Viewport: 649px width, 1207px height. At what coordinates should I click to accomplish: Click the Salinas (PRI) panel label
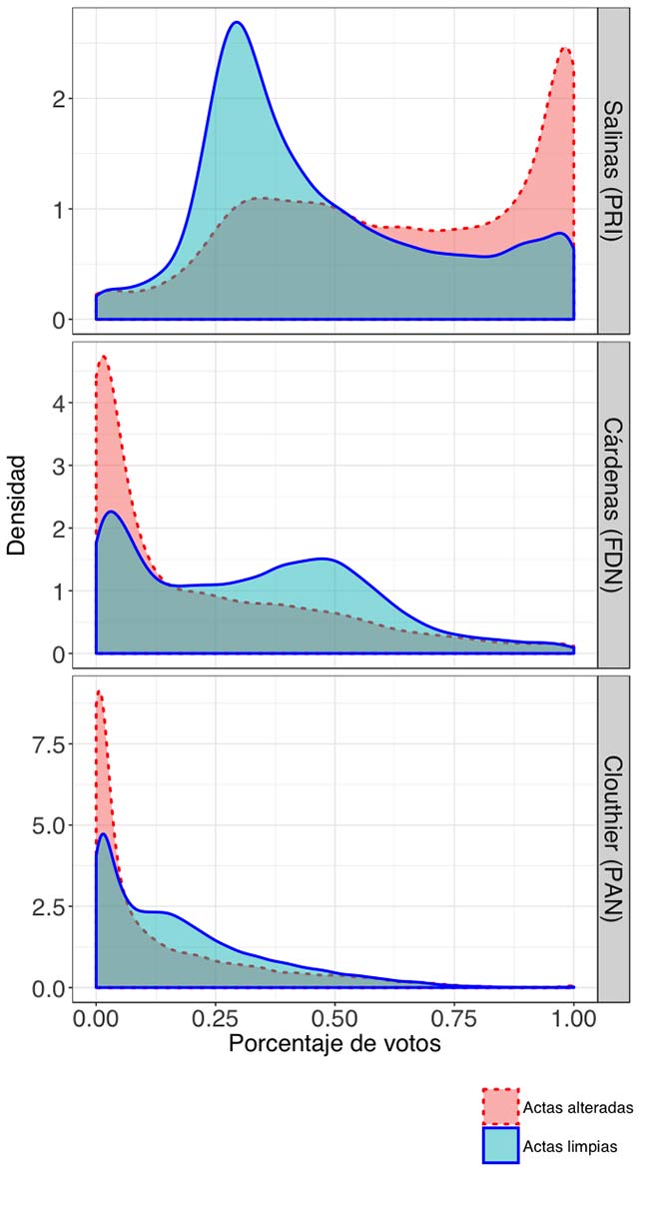[613, 170]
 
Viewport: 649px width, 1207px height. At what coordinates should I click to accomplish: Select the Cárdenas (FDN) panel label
[613, 504]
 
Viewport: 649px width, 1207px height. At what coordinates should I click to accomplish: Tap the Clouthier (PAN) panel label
[613, 836]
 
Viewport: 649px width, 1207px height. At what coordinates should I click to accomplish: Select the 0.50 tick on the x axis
[334, 1018]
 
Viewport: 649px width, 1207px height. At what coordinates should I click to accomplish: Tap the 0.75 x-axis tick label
[454, 1018]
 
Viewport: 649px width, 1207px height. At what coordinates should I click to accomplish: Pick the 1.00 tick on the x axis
[573, 1018]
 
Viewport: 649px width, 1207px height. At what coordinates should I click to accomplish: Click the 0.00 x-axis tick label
[96, 1018]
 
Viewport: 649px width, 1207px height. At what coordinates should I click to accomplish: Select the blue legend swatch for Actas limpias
[500, 1146]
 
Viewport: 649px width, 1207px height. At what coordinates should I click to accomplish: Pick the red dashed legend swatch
[500, 1107]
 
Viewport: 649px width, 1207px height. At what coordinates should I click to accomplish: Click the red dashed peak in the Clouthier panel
[98, 690]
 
